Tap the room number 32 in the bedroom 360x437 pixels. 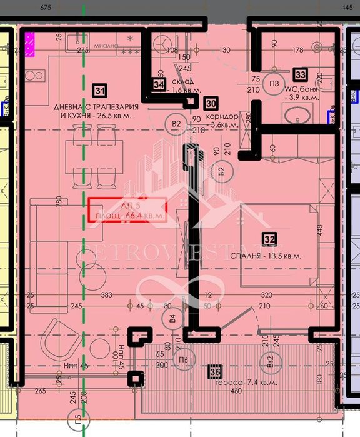269,238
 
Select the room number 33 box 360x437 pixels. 301,74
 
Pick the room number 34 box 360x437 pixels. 159,84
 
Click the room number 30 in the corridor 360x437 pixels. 211,103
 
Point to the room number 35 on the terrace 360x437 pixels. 216,373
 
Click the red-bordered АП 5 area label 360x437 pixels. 127,209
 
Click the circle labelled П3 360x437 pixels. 274,84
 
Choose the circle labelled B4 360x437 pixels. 173,319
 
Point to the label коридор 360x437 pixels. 221,116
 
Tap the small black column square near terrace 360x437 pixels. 134,379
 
